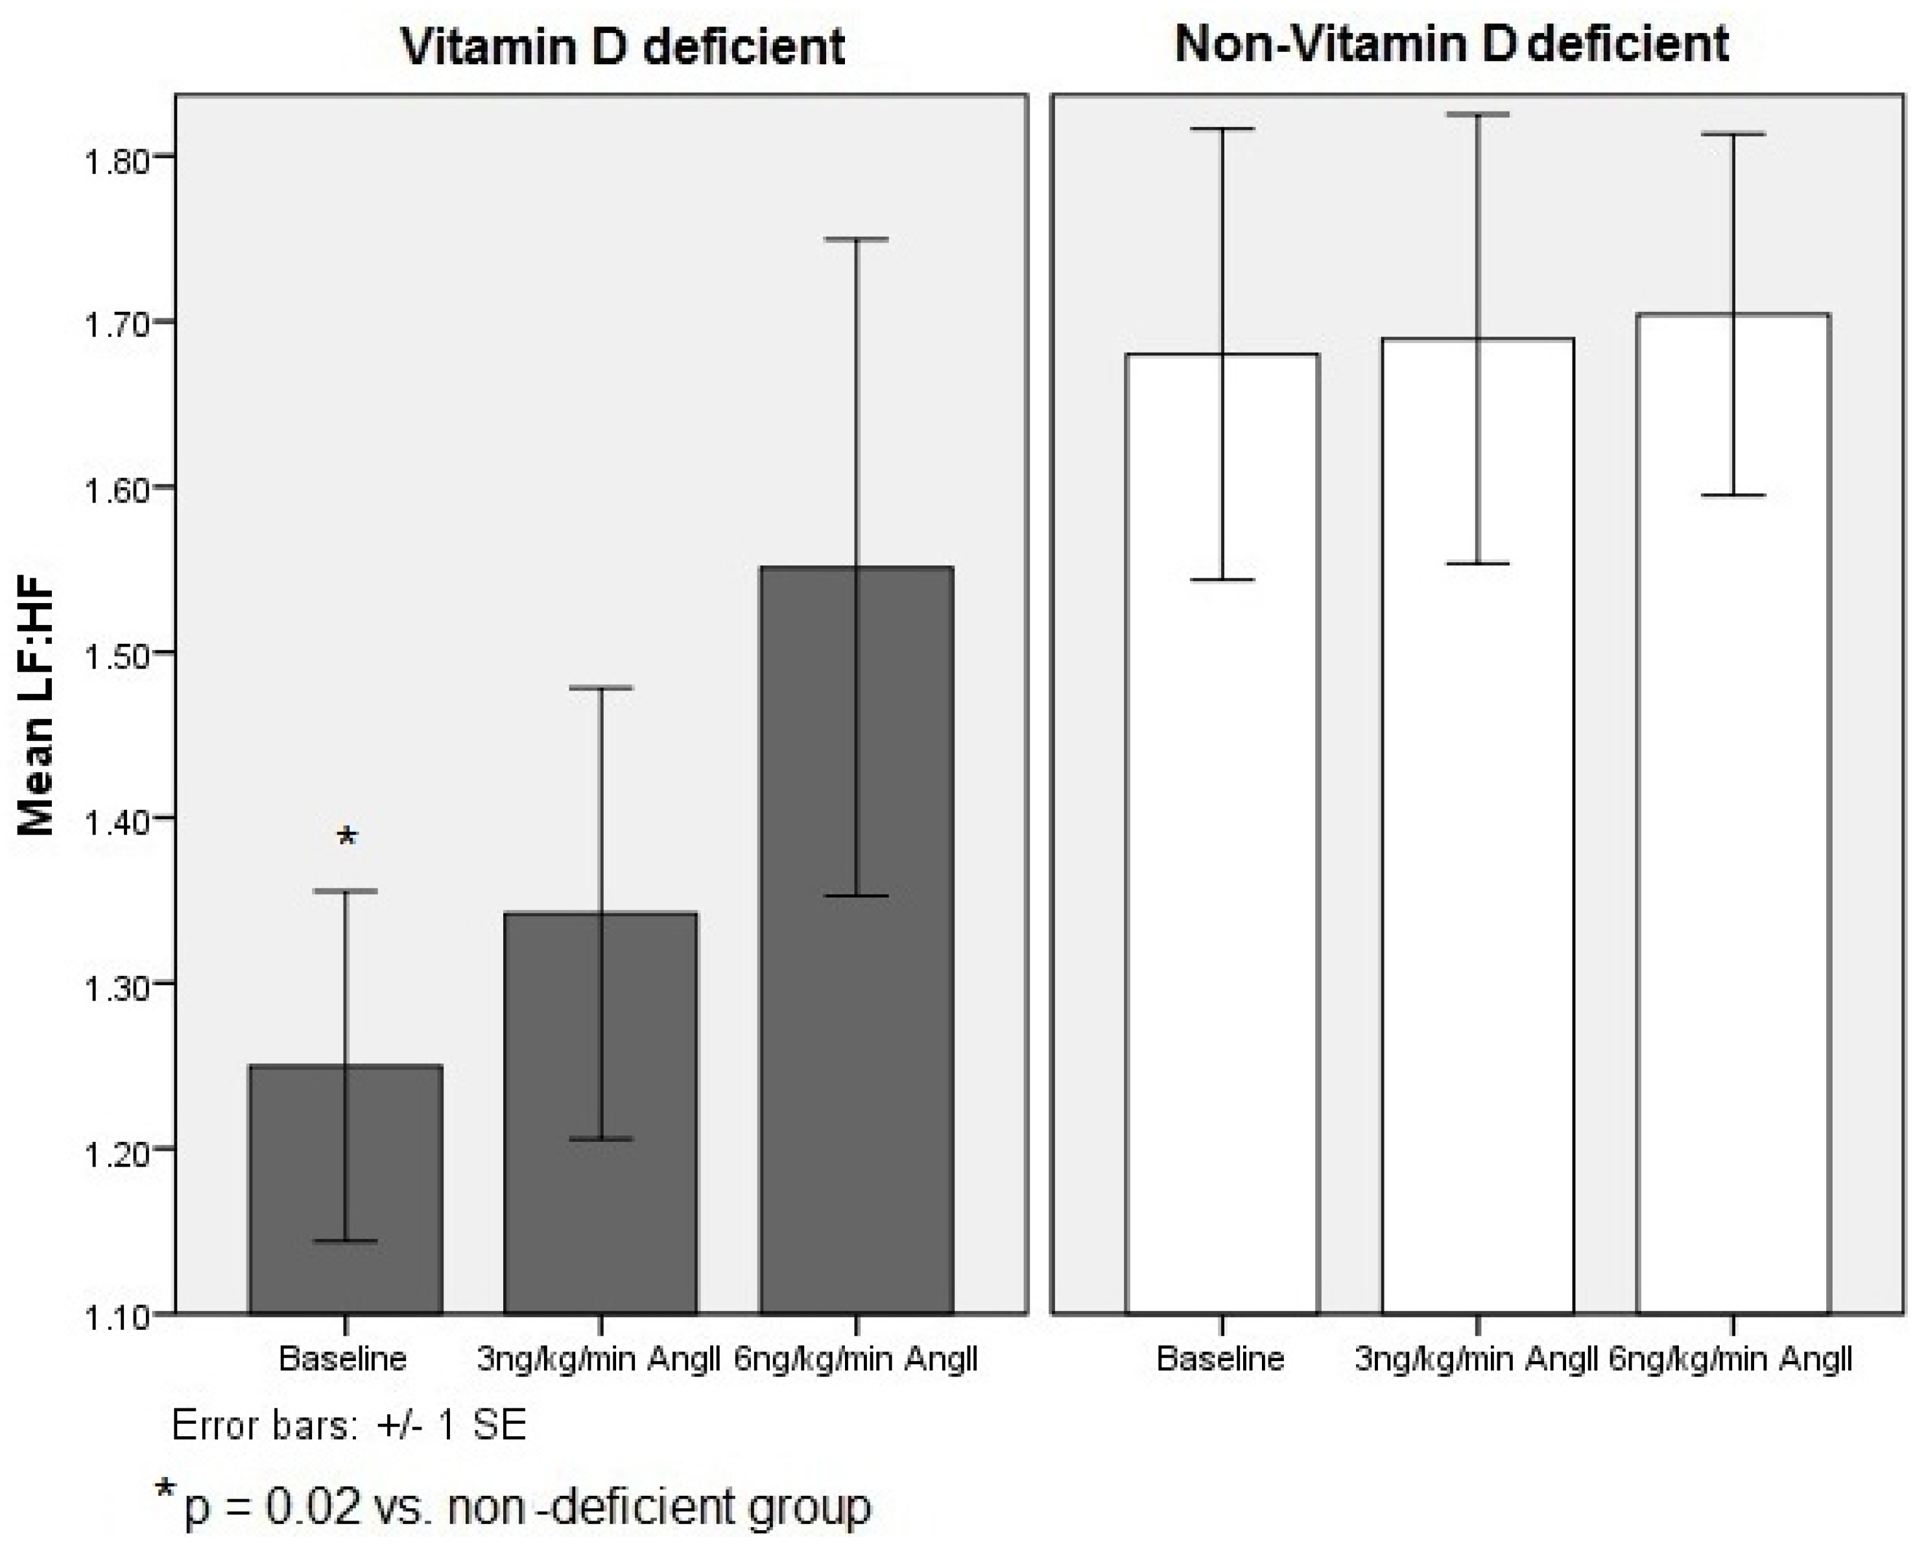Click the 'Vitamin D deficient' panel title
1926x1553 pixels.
[x=623, y=47]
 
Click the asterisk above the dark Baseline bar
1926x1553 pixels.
[x=347, y=837]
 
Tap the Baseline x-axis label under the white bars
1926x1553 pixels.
[x=1220, y=1360]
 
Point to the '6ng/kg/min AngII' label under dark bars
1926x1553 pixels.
[x=856, y=1360]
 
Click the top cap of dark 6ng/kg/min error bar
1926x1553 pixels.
[x=856, y=240]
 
